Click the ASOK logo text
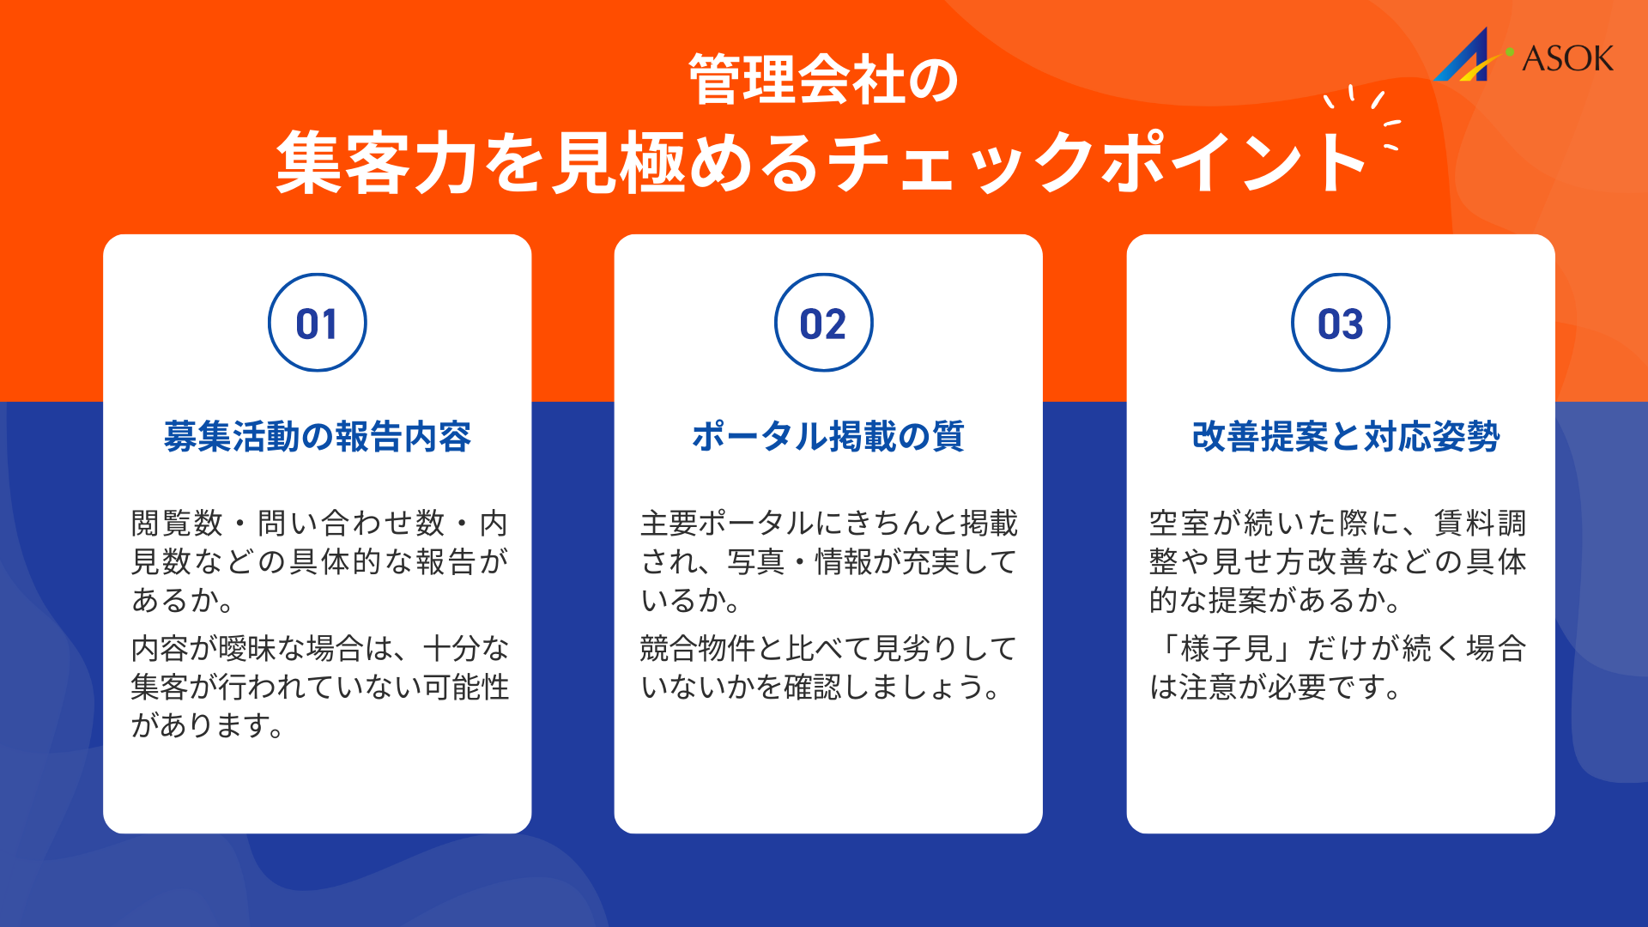(1567, 58)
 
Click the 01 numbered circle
(318, 323)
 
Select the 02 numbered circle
(824, 323)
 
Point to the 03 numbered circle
(1341, 323)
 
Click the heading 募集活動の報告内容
(318, 436)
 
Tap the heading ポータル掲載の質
(828, 436)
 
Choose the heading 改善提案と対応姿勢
(1345, 436)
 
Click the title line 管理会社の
(824, 80)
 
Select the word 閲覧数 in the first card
(177, 523)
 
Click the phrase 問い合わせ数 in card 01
(352, 523)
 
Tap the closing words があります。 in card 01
(207, 725)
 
